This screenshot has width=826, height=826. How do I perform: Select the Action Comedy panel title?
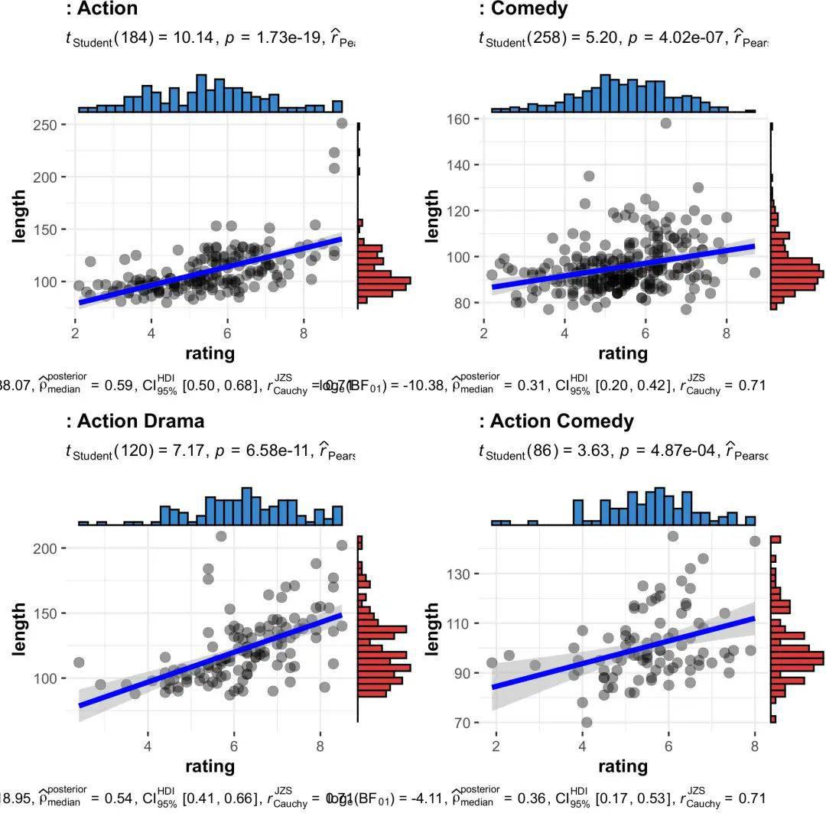click(561, 421)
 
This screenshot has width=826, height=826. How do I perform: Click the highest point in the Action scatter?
click(342, 123)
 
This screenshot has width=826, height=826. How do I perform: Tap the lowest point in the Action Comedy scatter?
click(587, 722)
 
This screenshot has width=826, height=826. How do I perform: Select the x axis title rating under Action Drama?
click(210, 766)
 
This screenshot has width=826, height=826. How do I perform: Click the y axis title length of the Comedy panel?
click(432, 216)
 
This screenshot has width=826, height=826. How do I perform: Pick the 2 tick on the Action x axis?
click(75, 333)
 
